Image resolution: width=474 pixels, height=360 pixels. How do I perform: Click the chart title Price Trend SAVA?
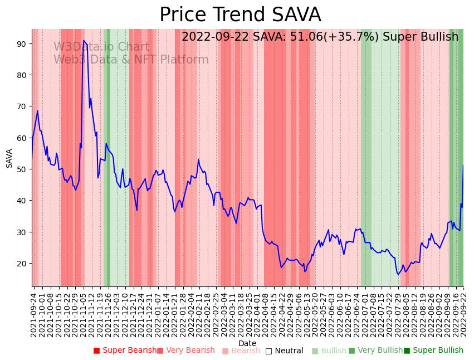pyautogui.click(x=240, y=15)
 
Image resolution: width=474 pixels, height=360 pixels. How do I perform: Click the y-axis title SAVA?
pyautogui.click(x=9, y=158)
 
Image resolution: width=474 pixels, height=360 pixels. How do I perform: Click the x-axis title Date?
pyautogui.click(x=247, y=343)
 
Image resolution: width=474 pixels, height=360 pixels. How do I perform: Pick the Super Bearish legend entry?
pyautogui.click(x=125, y=351)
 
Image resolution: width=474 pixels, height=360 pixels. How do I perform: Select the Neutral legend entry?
pyautogui.click(x=285, y=351)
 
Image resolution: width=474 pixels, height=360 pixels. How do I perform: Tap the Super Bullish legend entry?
pyautogui.click(x=434, y=351)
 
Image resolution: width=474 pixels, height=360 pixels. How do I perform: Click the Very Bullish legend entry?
pyautogui.click(x=375, y=351)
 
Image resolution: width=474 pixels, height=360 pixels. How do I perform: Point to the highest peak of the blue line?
pyautogui.click(x=84, y=41)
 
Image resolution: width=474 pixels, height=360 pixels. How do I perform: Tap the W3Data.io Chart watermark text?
pyautogui.click(x=101, y=47)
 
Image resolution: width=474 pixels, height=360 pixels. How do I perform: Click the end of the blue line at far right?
pyautogui.click(x=463, y=165)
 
